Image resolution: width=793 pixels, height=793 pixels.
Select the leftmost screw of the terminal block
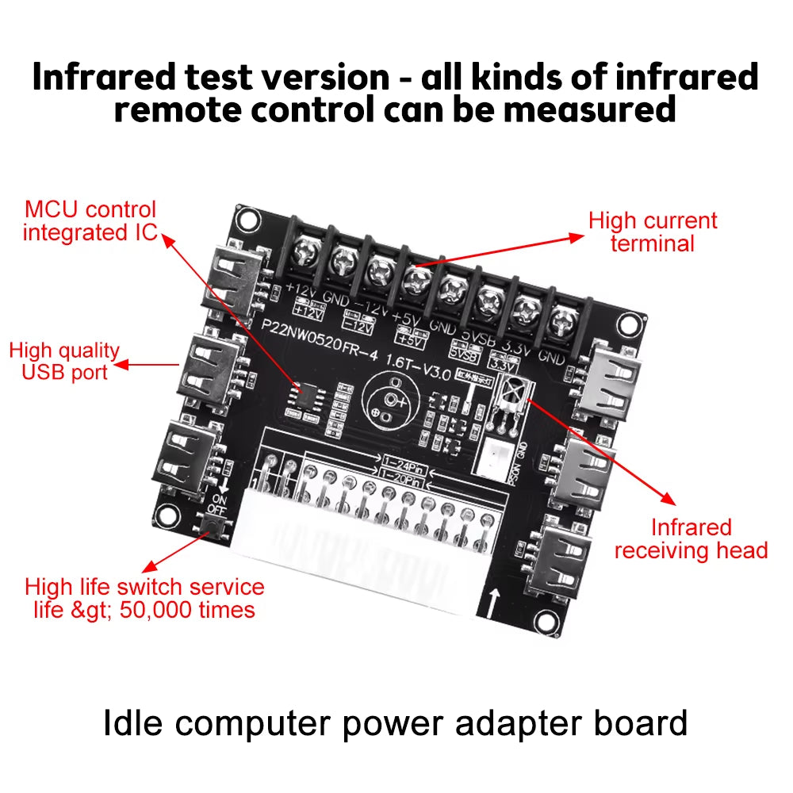pyautogui.click(x=305, y=253)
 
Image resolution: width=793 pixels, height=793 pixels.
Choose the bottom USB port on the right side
pyautogui.click(x=565, y=553)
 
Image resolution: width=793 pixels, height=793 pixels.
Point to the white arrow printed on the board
pyautogui.click(x=495, y=602)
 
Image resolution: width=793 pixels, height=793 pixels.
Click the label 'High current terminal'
pyautogui.click(x=652, y=232)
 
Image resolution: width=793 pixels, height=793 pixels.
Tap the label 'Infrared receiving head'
pyautogui.click(x=690, y=539)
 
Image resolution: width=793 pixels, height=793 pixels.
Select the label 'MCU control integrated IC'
pyautogui.click(x=90, y=221)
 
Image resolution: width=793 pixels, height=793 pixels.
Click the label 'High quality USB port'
pyautogui.click(x=64, y=362)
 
